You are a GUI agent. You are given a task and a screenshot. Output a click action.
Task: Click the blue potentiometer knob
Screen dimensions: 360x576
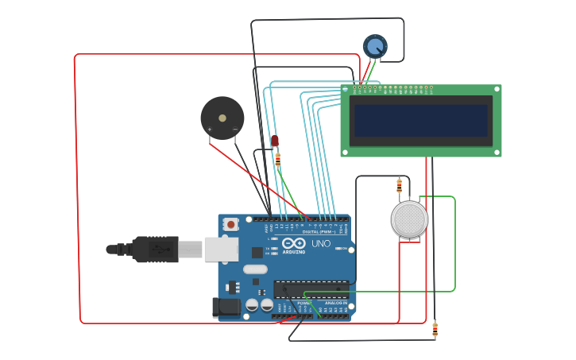coord(375,46)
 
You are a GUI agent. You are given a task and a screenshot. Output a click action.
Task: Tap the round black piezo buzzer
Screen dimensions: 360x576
coord(222,118)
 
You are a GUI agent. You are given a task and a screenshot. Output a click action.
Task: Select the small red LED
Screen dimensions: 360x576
coord(275,141)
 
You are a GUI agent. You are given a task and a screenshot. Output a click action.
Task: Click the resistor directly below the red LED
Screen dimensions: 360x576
coord(277,159)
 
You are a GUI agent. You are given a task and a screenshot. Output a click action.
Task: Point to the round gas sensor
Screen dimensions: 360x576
coord(409,219)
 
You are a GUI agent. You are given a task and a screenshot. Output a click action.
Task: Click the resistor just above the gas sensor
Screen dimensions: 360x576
coord(399,186)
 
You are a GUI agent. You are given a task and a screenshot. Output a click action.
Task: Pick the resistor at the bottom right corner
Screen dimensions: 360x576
coord(435,329)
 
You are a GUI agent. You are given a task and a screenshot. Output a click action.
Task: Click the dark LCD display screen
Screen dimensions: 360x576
coord(420,121)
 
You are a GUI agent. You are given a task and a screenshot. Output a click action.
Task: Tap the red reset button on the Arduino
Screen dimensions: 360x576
coord(231,224)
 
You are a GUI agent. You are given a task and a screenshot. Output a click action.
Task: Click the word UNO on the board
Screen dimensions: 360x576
coord(321,244)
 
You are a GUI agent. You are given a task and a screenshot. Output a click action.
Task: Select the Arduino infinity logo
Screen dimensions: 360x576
coord(293,244)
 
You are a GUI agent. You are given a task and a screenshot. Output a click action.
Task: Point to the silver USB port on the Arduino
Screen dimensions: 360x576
coord(221,249)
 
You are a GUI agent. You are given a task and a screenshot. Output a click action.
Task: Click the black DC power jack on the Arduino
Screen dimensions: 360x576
coord(226,307)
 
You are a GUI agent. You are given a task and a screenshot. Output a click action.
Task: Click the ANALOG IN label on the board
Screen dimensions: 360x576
coord(335,303)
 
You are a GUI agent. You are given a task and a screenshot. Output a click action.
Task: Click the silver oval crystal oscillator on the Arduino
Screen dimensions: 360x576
coord(255,269)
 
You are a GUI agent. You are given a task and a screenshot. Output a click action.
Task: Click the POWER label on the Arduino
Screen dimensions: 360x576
coord(303,303)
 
